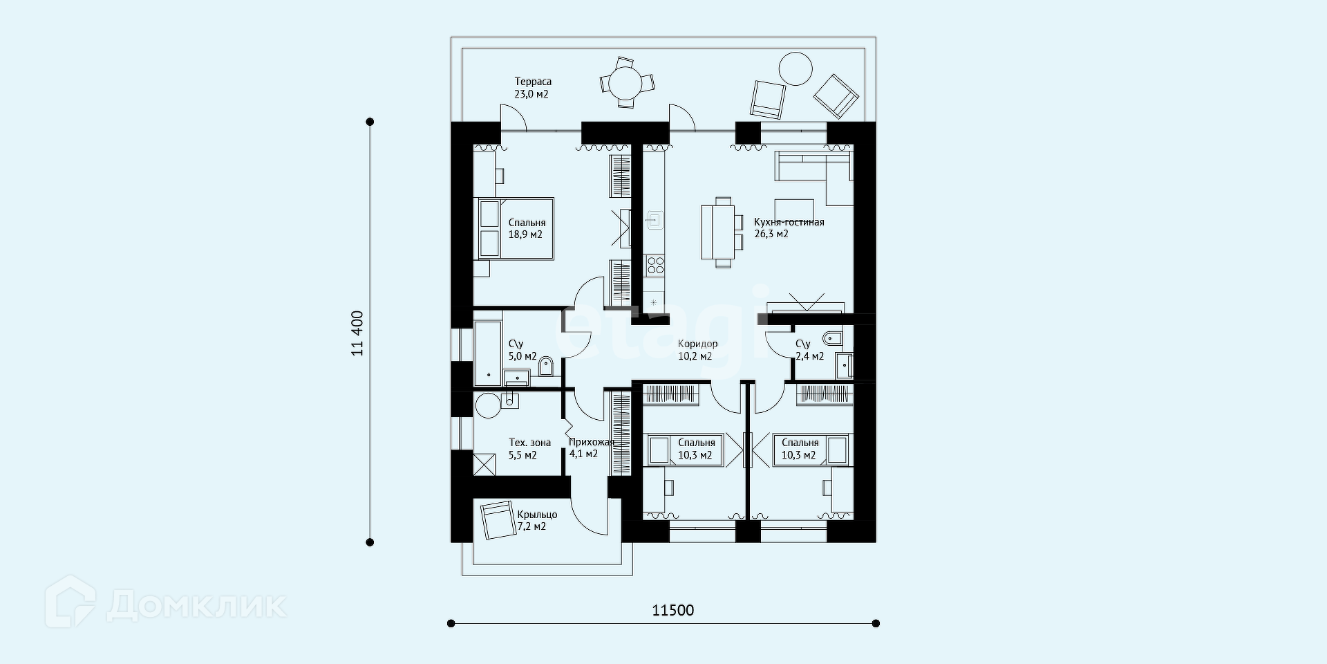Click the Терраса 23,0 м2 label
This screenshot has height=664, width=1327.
tap(532, 88)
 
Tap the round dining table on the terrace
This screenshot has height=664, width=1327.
tap(626, 82)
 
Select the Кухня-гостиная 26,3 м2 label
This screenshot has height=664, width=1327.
tap(789, 228)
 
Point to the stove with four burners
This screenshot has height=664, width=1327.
tap(655, 266)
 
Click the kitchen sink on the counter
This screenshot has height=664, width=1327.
tap(655, 221)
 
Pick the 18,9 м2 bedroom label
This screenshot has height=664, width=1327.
tap(527, 229)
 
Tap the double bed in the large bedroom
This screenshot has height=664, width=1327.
tap(514, 229)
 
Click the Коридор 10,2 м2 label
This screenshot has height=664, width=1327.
tap(697, 350)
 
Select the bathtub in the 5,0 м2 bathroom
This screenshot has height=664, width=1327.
tap(488, 353)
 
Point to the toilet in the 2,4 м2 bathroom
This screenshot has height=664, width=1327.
tap(831, 339)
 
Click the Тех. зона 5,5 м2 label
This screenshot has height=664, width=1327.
tap(529, 449)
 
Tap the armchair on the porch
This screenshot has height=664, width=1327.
tap(498, 520)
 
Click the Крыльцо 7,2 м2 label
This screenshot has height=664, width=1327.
tap(537, 521)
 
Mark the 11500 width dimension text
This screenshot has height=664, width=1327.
tap(673, 610)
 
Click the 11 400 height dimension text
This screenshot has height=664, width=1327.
tap(357, 333)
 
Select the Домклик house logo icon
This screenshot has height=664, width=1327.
tap(70, 602)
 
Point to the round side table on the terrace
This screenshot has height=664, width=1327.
tap(796, 69)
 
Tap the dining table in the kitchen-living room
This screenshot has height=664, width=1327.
tap(716, 232)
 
